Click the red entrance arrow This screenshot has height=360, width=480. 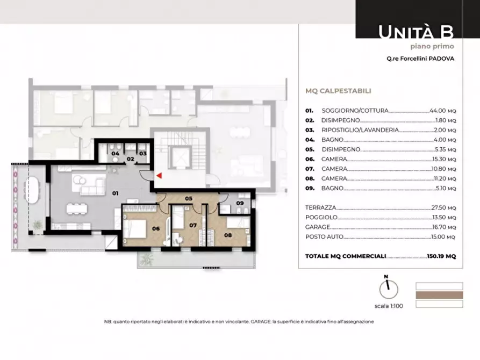point(159,176)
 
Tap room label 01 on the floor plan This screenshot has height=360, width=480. point(115,193)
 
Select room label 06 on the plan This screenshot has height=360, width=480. point(156,228)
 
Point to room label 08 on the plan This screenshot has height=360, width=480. point(228,235)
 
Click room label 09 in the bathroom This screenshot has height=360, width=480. point(240,203)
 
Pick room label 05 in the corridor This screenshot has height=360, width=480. point(189,198)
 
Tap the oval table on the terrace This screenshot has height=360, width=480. point(32,190)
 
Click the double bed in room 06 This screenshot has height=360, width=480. point(135,228)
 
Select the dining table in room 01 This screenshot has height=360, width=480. point(77,209)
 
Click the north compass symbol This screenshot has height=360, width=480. point(389,288)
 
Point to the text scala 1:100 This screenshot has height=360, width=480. point(389,306)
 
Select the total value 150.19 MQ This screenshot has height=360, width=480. point(441,256)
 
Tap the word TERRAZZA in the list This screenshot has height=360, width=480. point(320,207)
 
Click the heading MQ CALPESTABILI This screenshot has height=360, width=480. point(338,91)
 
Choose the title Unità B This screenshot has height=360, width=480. point(416,32)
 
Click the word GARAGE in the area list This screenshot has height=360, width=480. point(318,227)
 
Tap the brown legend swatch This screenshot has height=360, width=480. point(439,295)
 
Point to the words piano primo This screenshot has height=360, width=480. point(432,47)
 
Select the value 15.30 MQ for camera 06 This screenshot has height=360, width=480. point(443,159)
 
